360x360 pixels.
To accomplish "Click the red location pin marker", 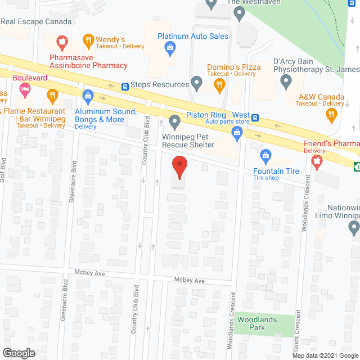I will (179, 167).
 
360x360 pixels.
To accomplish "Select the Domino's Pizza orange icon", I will (219, 85).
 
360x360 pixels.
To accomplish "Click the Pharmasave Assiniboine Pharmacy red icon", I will (61, 40).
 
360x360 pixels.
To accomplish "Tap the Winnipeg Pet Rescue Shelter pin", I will (174, 120).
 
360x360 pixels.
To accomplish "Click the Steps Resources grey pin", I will (196, 84).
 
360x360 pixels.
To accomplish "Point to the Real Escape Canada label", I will (36, 21).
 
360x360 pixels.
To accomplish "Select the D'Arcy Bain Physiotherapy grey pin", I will (286, 83).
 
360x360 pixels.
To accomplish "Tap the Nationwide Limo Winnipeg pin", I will (354, 228).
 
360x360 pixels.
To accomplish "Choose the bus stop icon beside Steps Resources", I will (125, 87).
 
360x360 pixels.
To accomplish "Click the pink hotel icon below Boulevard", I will (25, 88).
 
